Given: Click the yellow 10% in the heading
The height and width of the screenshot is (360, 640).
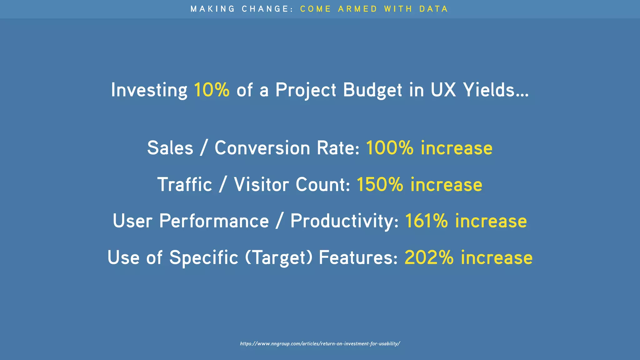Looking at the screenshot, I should point(212,90).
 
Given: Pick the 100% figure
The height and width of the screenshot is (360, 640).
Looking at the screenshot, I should point(389,148).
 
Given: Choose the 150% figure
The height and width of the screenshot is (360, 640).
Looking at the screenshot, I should point(380,184).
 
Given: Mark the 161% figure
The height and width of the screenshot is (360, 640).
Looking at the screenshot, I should point(426,221).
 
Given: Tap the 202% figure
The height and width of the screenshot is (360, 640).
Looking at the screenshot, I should point(429,257).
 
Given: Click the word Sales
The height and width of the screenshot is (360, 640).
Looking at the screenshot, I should point(170,148).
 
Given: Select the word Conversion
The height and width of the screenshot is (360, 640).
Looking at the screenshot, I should point(262,148).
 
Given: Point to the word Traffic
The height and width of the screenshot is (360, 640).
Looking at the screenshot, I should point(185,184).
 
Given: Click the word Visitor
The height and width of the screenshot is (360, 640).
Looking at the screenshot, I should point(261,184).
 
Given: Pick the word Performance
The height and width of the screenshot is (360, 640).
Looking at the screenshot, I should point(214,221).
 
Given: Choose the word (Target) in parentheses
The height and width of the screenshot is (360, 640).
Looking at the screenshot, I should point(278,258).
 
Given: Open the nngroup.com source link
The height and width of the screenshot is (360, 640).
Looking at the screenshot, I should point(320,344).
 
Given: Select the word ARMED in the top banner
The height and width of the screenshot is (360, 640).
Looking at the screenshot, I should point(357,9).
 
